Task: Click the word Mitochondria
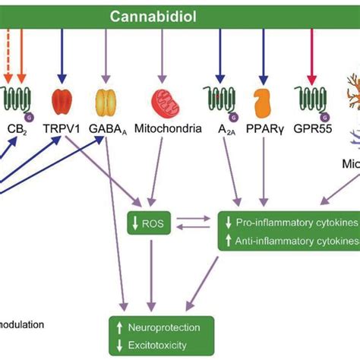(168, 129)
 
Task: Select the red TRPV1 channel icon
(62, 103)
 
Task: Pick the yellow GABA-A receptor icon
(106, 103)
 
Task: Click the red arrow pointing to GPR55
(311, 57)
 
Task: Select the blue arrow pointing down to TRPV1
(62, 57)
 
